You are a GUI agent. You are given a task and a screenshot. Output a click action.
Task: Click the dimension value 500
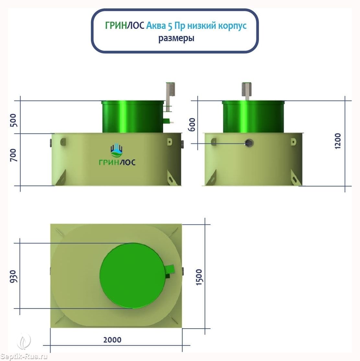pos(14,120)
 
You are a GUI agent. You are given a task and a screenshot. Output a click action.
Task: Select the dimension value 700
pos(14,155)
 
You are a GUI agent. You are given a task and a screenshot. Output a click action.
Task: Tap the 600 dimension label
pos(192,125)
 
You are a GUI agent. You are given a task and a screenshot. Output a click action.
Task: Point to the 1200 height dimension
pos(337,141)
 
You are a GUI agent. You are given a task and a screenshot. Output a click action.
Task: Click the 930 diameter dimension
pos(14,276)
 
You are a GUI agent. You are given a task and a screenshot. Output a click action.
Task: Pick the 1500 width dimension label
pos(199,277)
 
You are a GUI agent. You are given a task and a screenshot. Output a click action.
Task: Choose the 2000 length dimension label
pos(112,340)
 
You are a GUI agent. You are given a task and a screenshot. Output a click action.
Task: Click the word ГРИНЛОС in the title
pos(125,25)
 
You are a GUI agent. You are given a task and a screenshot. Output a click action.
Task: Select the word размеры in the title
pos(176,38)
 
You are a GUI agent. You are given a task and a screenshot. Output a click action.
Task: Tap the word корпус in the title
pos(232,26)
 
